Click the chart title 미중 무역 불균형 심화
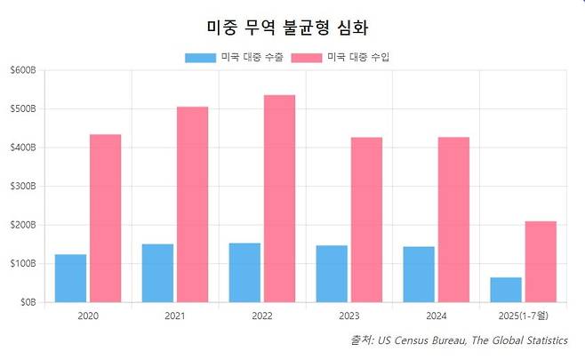point(292,26)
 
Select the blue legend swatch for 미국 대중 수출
point(200,58)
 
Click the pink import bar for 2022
point(279,198)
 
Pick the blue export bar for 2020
point(71,278)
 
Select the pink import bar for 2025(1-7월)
point(541,261)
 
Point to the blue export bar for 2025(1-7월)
point(506,290)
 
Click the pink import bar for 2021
point(192,204)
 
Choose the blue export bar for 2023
point(332,274)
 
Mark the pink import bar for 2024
point(453,220)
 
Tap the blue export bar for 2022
point(244,272)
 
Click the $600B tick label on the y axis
point(23,70)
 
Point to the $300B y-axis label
point(23,187)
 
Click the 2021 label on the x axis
point(175,316)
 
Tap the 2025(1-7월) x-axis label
point(523,316)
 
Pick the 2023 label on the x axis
point(349,316)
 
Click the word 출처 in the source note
point(362,340)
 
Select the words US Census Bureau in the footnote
point(420,340)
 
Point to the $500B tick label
point(23,109)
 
